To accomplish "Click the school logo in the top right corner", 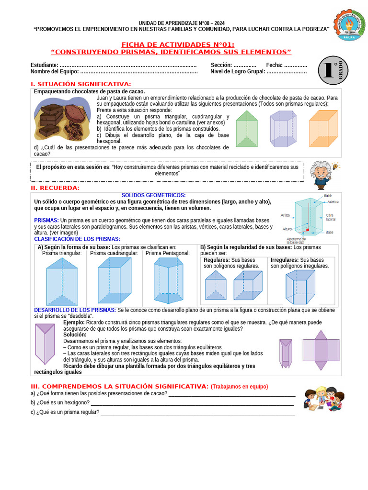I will (349, 26).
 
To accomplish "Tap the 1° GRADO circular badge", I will (333, 70).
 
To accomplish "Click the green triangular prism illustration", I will (247, 129).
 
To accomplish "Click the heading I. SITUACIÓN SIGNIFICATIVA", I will (80, 84).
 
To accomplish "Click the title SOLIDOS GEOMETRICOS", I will (153, 195).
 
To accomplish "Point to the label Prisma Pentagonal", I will (168, 253).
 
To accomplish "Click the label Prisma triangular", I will (62, 253).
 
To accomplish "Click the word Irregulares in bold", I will (285, 260).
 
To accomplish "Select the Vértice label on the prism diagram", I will (333, 202).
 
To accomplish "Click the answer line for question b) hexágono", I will (192, 404).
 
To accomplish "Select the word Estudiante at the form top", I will (44, 65).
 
